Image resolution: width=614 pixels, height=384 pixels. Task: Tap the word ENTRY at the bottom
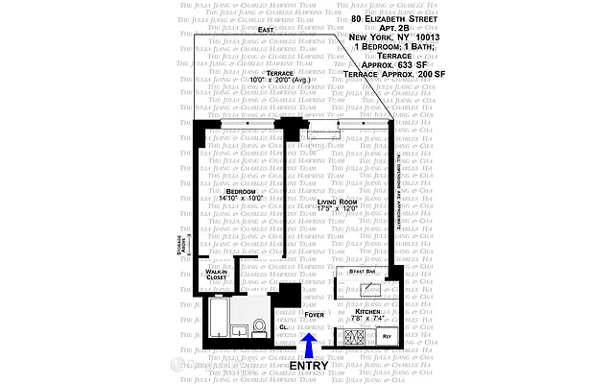(308, 365)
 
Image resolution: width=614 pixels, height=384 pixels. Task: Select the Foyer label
(314, 314)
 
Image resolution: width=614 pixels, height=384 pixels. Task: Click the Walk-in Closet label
(216, 276)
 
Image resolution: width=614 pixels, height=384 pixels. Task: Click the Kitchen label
(368, 312)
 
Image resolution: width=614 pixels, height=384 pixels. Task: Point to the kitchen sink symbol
(389, 288)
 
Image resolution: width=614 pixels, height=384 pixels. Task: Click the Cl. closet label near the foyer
(285, 327)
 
